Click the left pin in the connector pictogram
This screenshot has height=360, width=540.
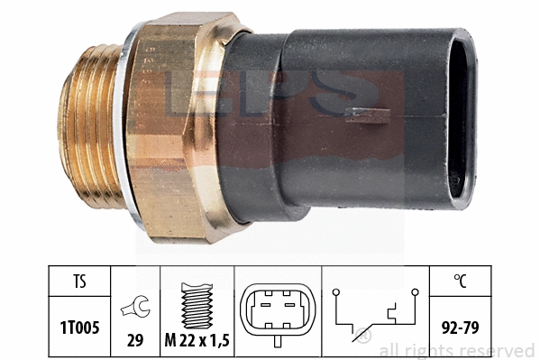coord(264,306)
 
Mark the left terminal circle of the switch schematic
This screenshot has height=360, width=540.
coord(335,292)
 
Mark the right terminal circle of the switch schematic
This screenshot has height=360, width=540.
coord(416,292)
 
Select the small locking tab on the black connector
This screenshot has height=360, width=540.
coord(367,113)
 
